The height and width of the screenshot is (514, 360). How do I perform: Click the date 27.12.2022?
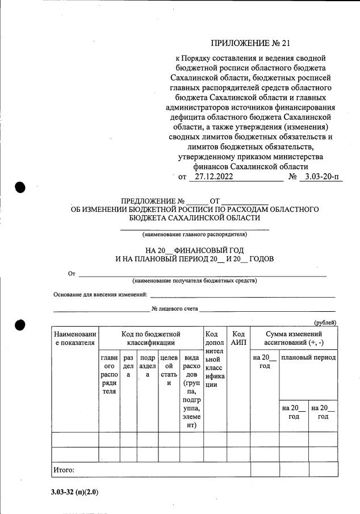[211, 177]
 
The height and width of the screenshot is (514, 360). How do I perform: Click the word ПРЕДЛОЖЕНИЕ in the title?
[149, 201]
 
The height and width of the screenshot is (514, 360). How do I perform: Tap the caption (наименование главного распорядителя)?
[194, 234]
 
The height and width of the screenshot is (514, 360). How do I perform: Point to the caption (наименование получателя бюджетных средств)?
[194, 281]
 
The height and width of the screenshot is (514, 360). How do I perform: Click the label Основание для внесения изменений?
[101, 294]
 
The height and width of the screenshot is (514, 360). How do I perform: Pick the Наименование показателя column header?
[76, 339]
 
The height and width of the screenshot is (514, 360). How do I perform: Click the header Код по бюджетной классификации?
[151, 339]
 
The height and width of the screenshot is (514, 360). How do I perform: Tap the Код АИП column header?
[238, 339]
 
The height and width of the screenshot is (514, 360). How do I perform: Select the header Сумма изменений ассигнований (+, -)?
[294, 339]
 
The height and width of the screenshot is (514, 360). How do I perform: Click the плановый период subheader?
[308, 358]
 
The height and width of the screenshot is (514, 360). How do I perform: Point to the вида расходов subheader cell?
[191, 391]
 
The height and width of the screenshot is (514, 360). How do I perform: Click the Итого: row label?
[64, 470]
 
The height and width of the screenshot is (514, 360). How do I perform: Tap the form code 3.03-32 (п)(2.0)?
[74, 492]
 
